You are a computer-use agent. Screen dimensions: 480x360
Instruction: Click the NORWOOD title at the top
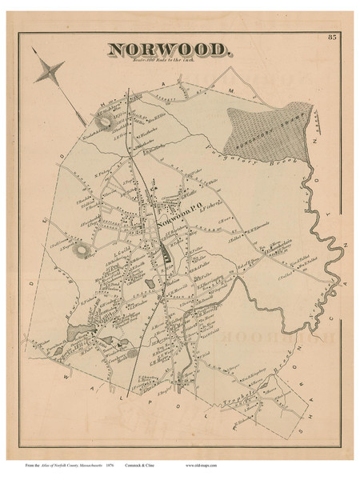tap(170, 50)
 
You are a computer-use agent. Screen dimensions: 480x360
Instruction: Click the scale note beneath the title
tap(170, 62)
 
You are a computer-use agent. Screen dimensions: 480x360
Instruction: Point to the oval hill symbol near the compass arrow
tap(106, 121)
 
